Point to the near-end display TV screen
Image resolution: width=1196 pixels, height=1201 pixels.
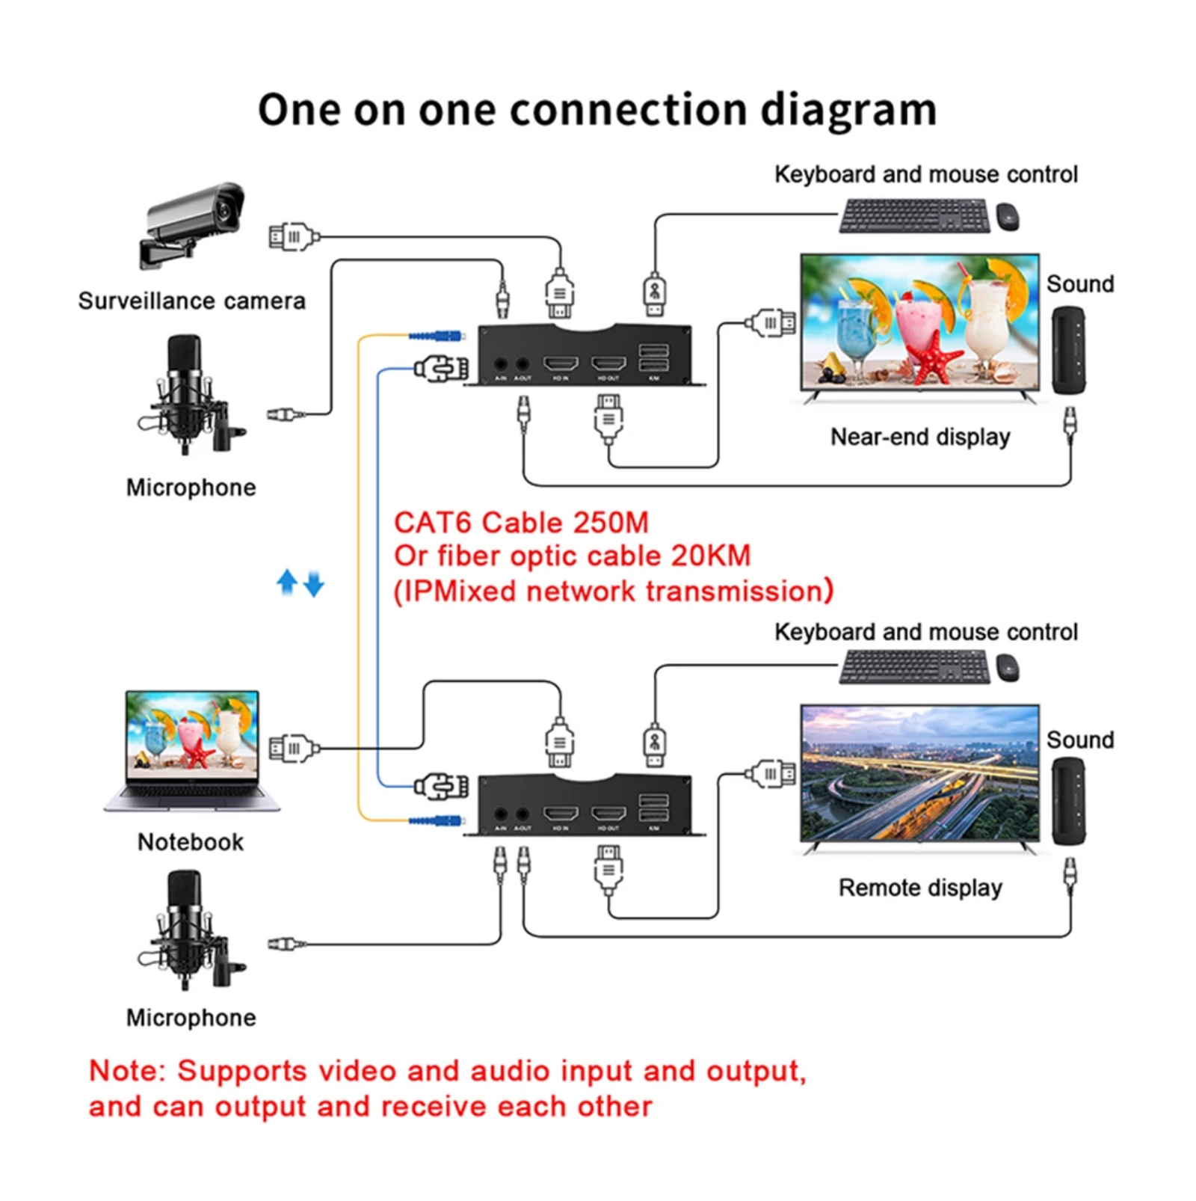coord(919,322)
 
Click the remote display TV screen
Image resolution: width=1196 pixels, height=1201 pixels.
coord(919,773)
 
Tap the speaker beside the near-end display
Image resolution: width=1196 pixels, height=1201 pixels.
coord(1068,350)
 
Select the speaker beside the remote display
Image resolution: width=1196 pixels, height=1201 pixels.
coord(1068,801)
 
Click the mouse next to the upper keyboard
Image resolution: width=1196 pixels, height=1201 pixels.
coord(1008,217)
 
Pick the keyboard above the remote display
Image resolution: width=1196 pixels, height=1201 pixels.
coord(914,666)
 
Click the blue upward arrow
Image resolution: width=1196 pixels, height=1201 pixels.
coord(287,581)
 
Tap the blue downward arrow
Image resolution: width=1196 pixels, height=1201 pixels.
coord(314,584)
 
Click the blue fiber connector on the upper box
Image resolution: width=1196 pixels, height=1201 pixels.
coord(437,336)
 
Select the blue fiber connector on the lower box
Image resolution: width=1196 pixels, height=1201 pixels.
coord(437,820)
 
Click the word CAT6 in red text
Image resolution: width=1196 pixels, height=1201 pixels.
coord(433,523)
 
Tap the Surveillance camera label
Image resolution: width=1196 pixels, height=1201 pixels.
coord(192,301)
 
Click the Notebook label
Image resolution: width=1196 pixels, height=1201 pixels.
coord(191,842)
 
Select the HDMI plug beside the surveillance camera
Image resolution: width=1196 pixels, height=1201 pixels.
coord(294,237)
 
